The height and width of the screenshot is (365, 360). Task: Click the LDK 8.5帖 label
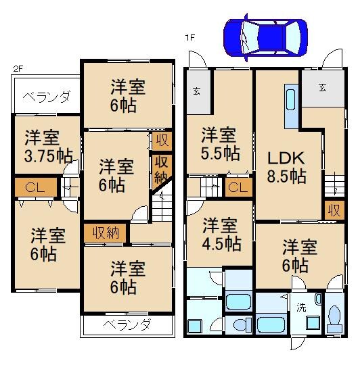tap(286, 167)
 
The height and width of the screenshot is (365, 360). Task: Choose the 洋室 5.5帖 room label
tap(219, 143)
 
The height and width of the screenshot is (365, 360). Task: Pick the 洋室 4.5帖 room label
tap(222, 234)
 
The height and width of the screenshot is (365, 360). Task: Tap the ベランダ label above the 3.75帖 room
tap(46, 97)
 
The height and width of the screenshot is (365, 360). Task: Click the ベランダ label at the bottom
tap(127, 324)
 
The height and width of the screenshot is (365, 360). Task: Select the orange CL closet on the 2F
tap(32, 187)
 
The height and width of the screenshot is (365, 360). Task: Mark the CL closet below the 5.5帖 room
tap(237, 187)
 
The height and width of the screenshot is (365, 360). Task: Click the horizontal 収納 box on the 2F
tap(106, 233)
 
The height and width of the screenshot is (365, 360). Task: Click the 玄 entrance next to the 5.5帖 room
tap(196, 93)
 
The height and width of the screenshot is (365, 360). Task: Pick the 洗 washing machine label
tap(300, 307)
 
